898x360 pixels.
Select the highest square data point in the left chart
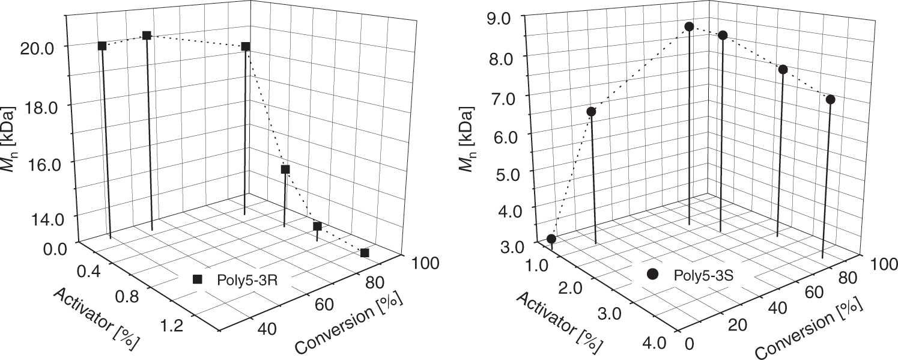(147, 35)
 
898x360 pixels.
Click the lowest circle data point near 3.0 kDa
(551, 239)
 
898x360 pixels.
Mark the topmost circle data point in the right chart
(689, 26)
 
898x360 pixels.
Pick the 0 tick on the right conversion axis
(689, 344)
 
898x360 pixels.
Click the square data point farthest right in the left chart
(364, 252)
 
